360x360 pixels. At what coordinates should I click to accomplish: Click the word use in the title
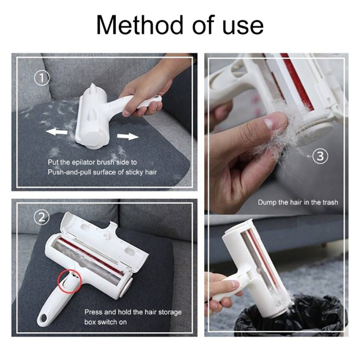[243, 27]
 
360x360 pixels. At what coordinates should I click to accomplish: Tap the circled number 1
[42, 78]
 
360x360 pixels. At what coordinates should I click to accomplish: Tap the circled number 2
[41, 217]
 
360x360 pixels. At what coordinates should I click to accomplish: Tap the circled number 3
[320, 156]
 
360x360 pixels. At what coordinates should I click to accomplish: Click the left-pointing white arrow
[57, 131]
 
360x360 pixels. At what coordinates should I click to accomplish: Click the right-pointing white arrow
[128, 136]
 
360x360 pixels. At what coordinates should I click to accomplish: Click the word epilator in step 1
[83, 162]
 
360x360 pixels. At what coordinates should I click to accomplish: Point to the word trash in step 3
[330, 202]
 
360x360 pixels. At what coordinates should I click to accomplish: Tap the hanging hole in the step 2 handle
[43, 319]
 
